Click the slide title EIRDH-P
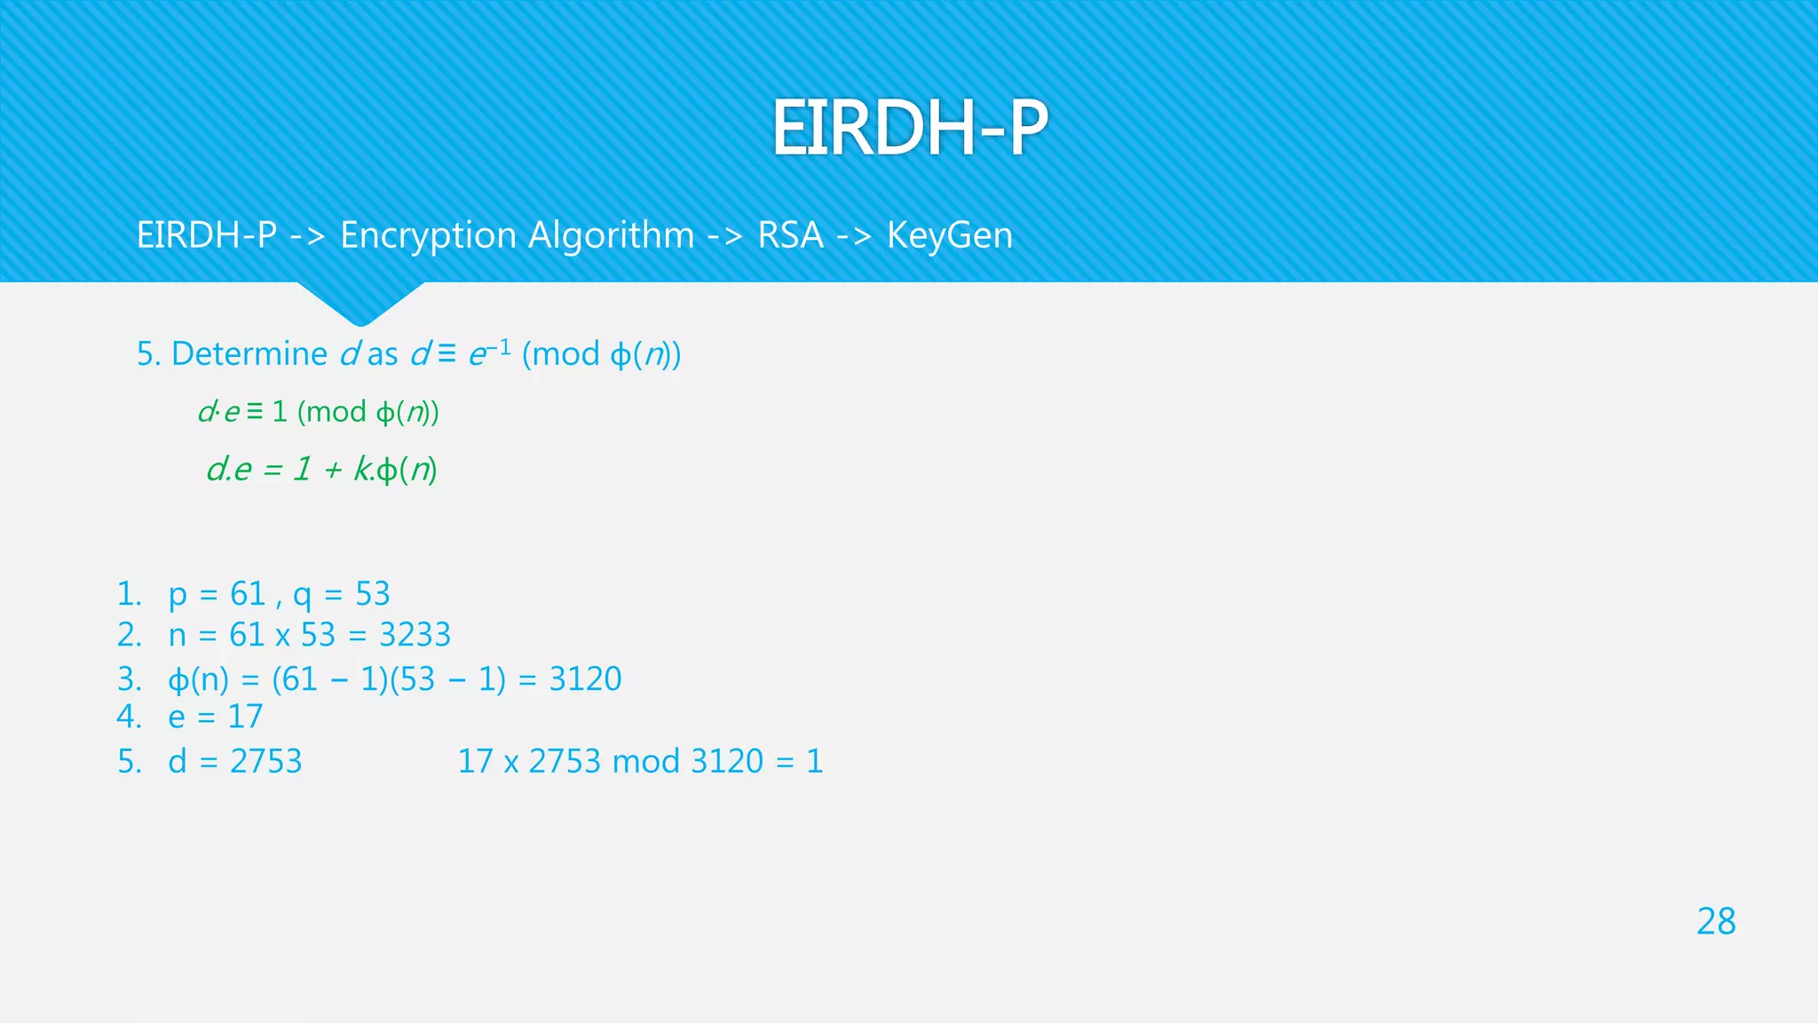pos(909,128)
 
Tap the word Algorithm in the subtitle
pos(612,235)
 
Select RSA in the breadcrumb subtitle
pos(790,235)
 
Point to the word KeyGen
pos(949,235)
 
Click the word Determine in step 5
pos(249,354)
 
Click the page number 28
pos(1715,922)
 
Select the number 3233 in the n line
pos(415,635)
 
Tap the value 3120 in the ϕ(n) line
pos(585,679)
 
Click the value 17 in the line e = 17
pos(245,717)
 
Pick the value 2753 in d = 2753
pos(265,762)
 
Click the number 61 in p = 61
pos(248,594)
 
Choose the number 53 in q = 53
pos(373,594)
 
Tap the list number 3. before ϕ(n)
pos(130,679)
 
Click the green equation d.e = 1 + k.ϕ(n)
pos(321,469)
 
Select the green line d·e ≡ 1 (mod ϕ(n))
pos(319,412)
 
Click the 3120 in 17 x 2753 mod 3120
pos(727,762)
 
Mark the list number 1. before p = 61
pos(130,594)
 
